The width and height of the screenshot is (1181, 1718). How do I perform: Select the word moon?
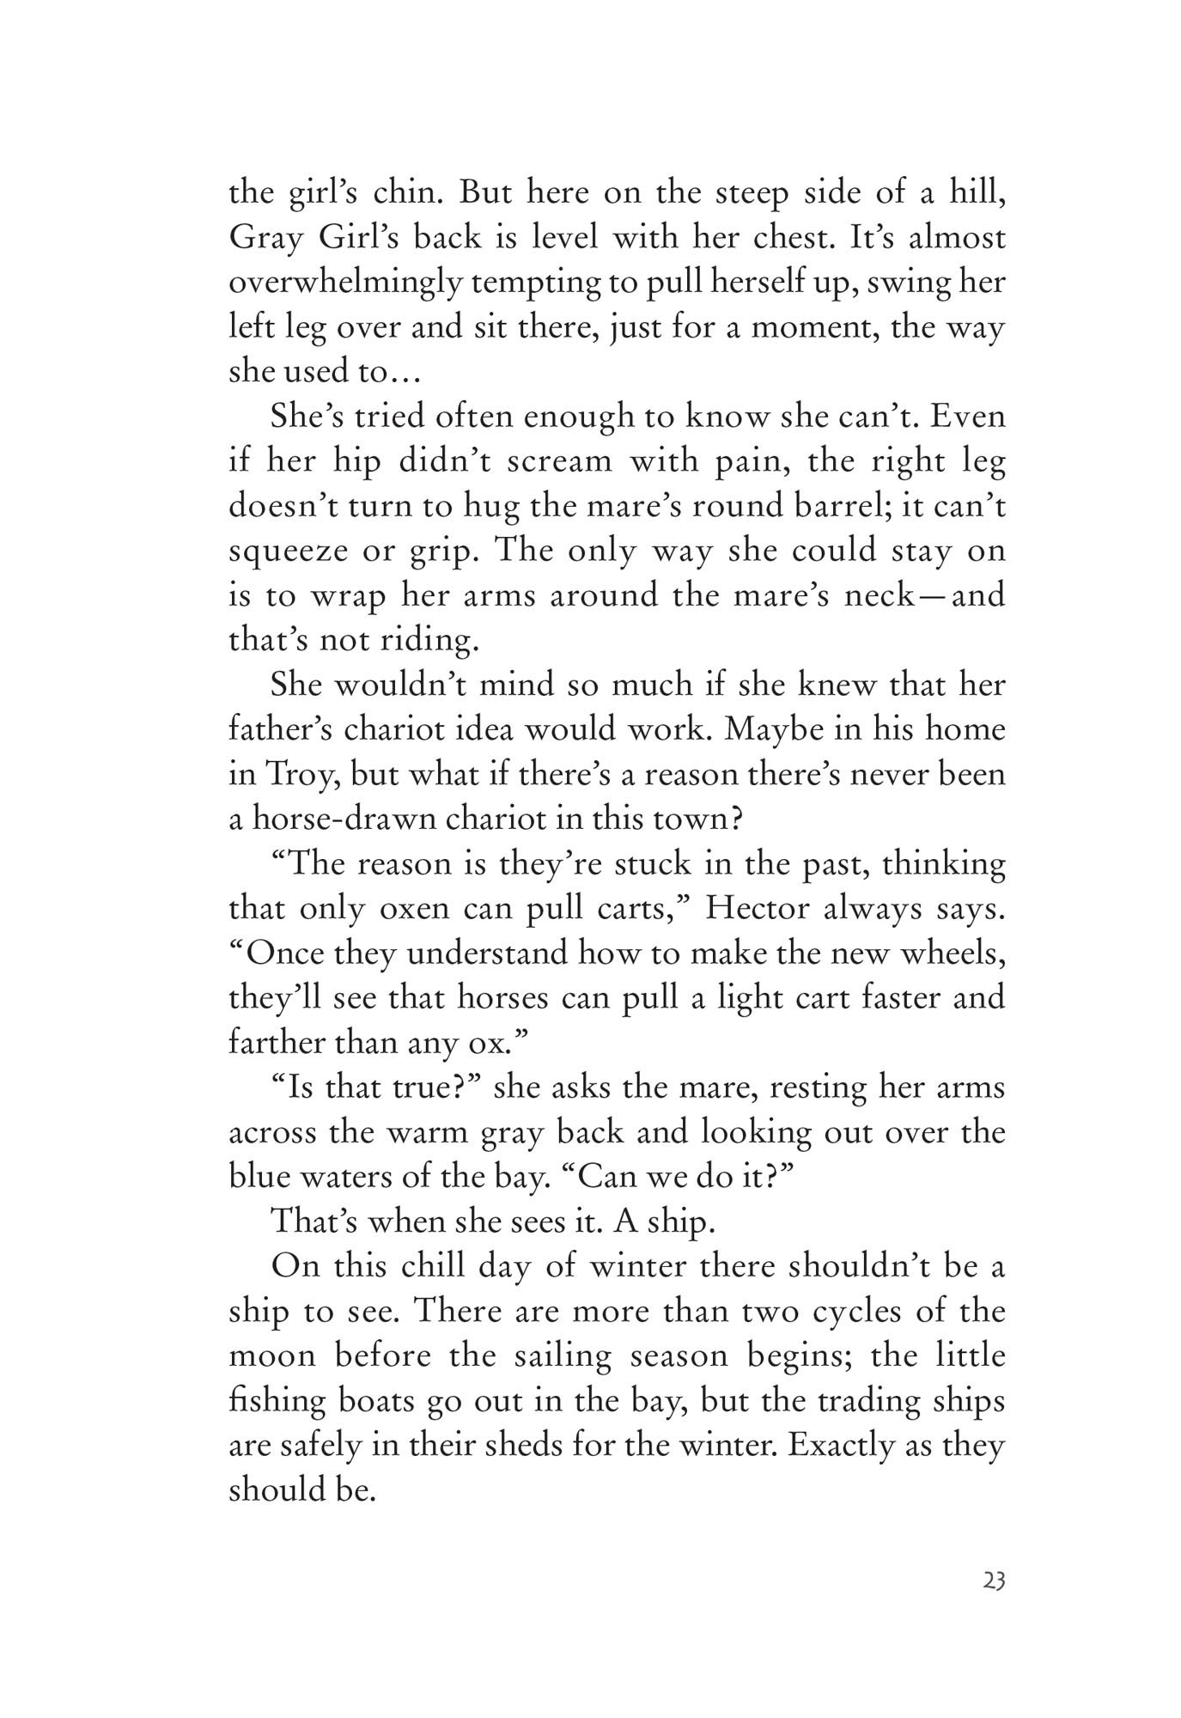tap(271, 1356)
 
